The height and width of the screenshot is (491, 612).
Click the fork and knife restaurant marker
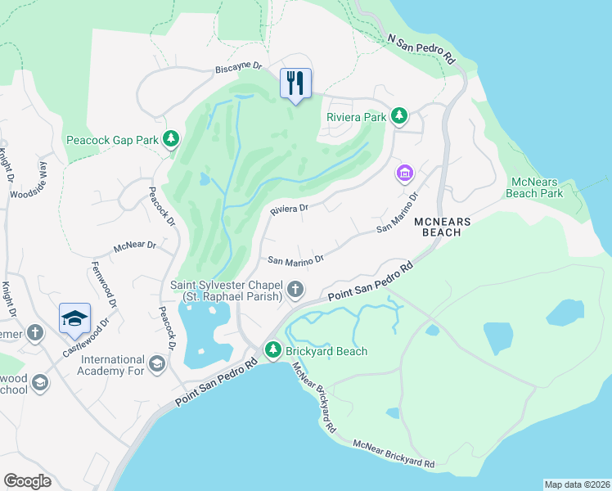(295, 83)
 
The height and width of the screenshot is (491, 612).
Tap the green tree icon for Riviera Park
(399, 115)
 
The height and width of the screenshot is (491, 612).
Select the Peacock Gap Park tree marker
(171, 139)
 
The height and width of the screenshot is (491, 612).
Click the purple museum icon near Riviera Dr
(405, 173)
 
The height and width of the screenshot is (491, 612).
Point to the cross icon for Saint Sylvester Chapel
(295, 290)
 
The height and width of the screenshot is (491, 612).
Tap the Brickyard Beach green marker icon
(273, 351)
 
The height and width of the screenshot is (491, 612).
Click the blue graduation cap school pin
(74, 318)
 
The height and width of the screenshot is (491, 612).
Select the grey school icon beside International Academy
(157, 363)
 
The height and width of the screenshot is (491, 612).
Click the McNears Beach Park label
(536, 187)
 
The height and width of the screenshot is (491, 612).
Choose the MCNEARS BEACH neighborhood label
(448, 227)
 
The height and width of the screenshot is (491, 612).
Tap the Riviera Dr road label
(290, 209)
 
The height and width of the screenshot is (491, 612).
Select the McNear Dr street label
(135, 245)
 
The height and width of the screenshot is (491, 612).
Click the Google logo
(27, 480)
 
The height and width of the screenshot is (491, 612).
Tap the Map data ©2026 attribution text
(577, 484)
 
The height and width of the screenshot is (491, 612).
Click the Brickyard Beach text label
(327, 351)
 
